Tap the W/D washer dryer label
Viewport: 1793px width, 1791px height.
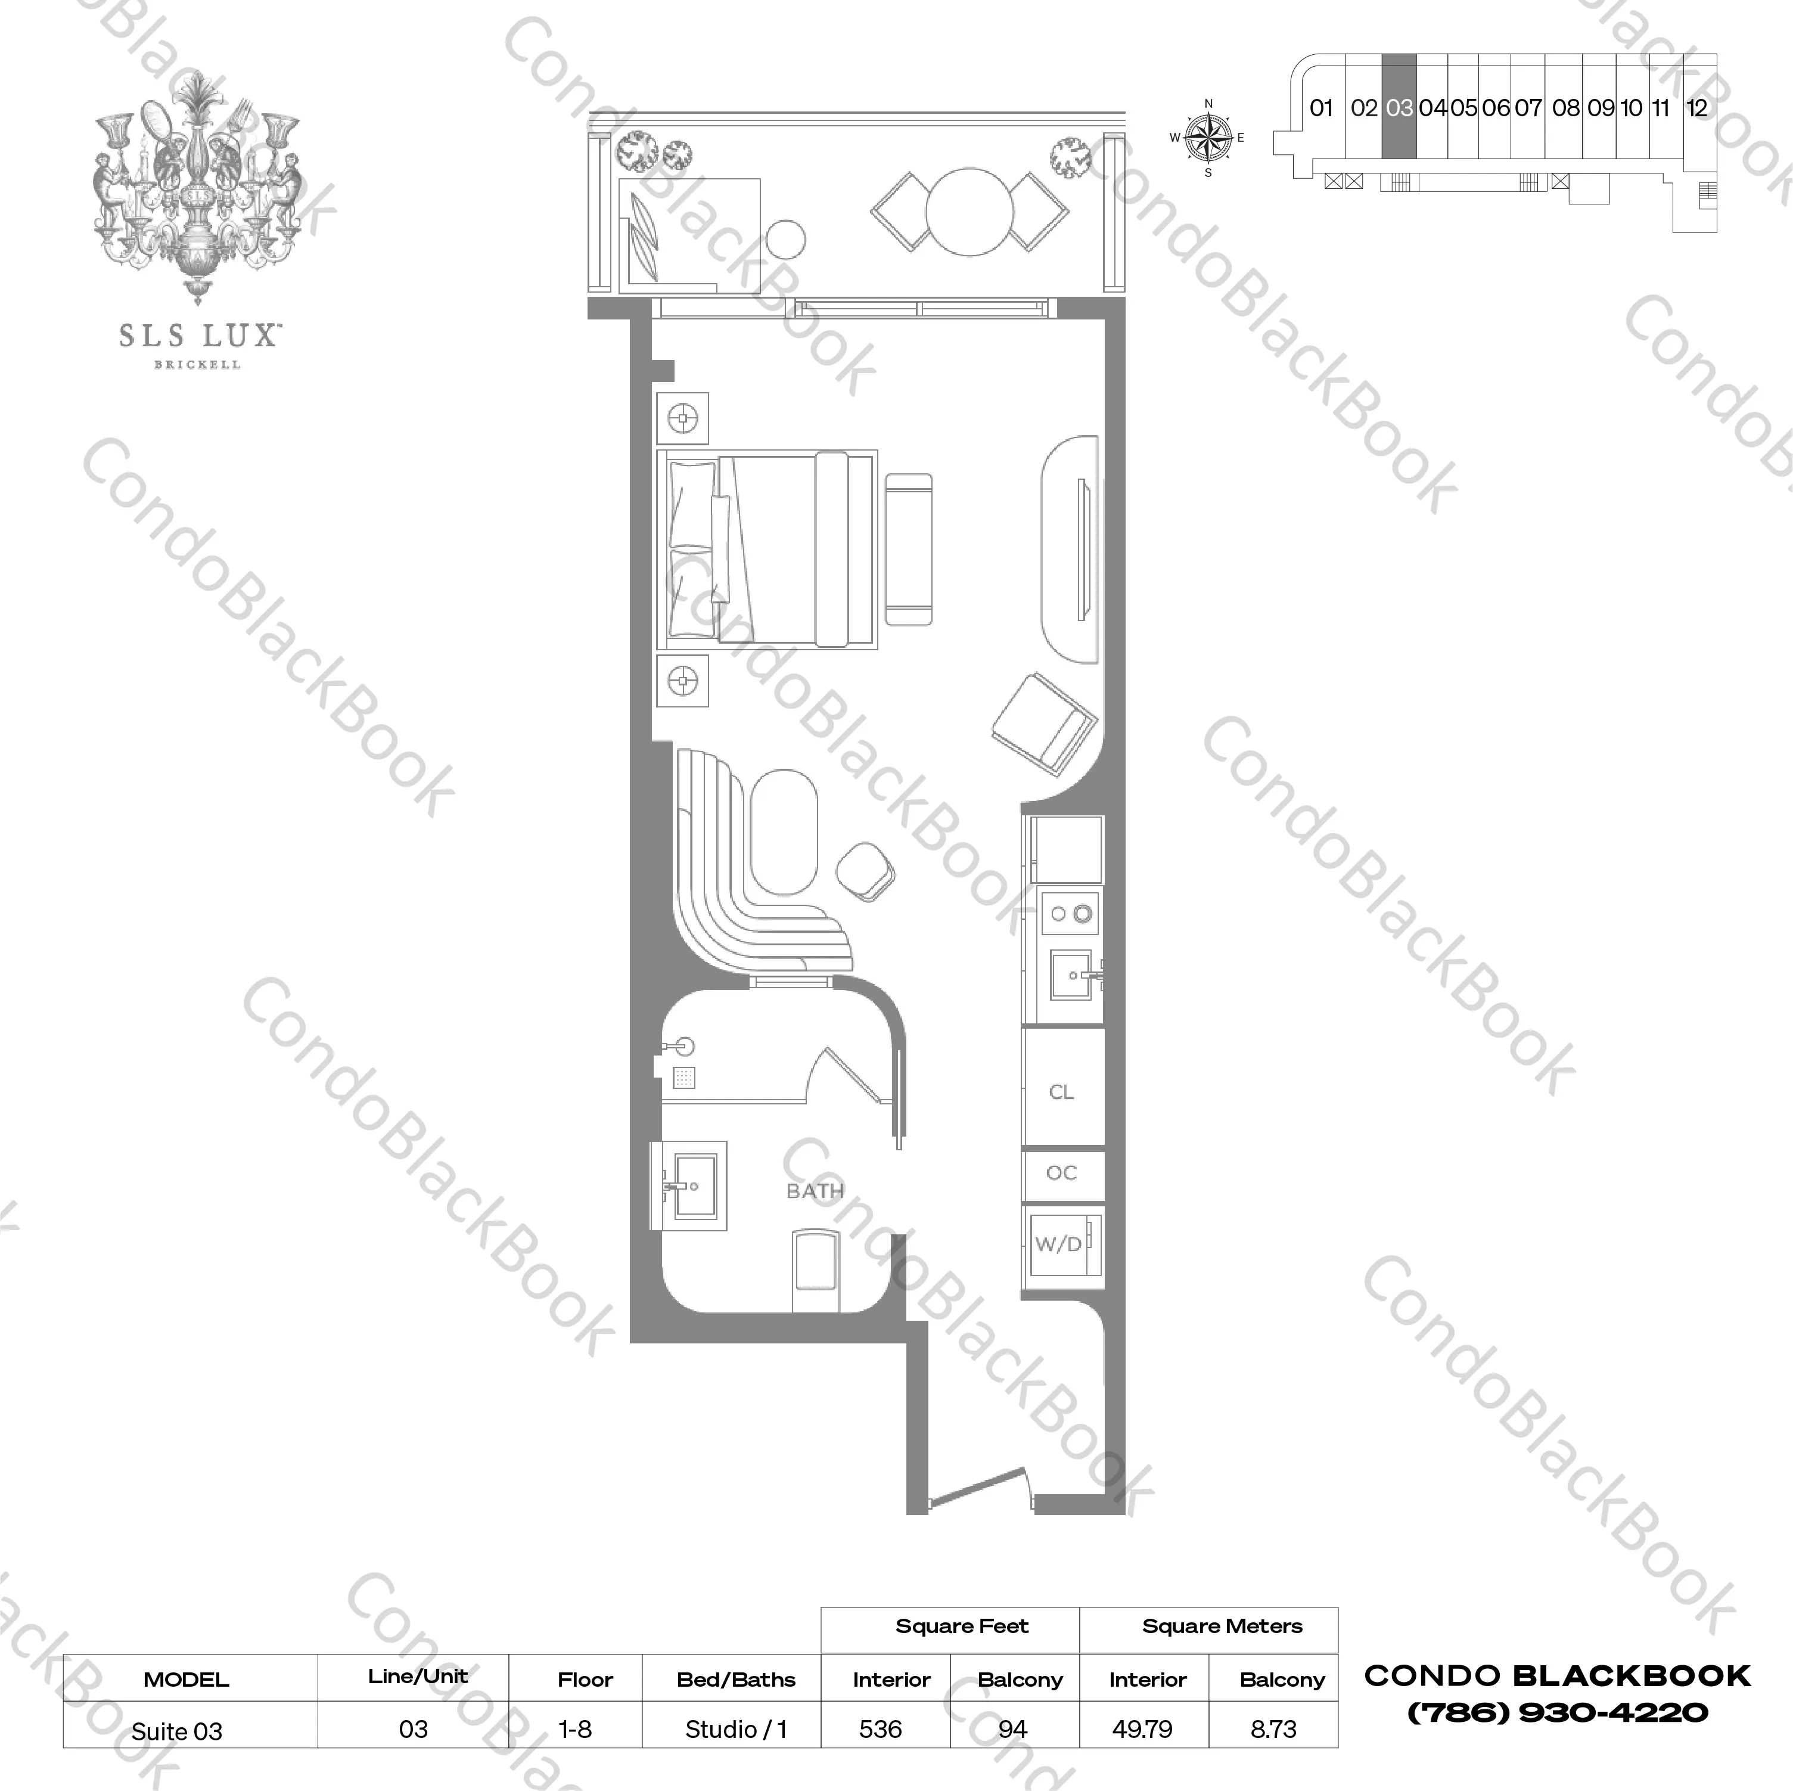1058,1244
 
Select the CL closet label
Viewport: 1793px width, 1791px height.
1061,1092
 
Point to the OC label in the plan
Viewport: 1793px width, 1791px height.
1061,1173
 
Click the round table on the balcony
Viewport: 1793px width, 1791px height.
969,212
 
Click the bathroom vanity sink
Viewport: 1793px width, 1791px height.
694,1185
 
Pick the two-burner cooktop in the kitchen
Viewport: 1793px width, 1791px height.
1071,914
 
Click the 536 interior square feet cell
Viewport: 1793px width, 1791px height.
880,1729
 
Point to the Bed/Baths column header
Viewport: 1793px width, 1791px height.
736,1680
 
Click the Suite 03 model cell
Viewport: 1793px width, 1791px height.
176,1731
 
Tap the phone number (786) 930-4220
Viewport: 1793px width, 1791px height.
1557,1712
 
